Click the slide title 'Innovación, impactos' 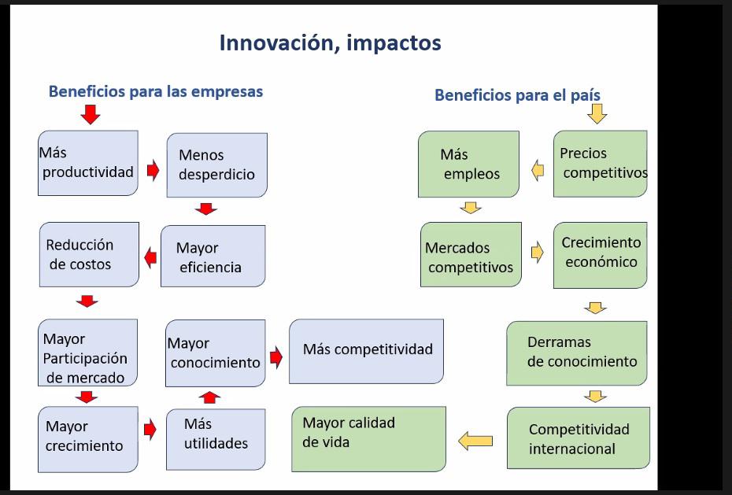pos(330,42)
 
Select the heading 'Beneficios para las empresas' pos(156,91)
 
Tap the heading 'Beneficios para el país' pos(517,95)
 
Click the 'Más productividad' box pos(87,163)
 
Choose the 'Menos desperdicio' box pos(216,164)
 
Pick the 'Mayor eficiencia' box pos(213,257)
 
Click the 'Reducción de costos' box pos(89,254)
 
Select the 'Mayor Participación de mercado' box pos(87,352)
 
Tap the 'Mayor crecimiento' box pos(87,438)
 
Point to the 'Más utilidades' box pos(216,435)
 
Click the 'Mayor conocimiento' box pos(215,353)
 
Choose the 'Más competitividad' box pos(366,351)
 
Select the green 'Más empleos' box pos(468,164)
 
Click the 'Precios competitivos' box pos(601,163)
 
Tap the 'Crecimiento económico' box pos(601,254)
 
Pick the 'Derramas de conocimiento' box pos(577,353)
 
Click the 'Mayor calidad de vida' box pos(368,438)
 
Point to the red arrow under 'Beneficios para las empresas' pos(91,115)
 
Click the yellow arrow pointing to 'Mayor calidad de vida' pos(475,441)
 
